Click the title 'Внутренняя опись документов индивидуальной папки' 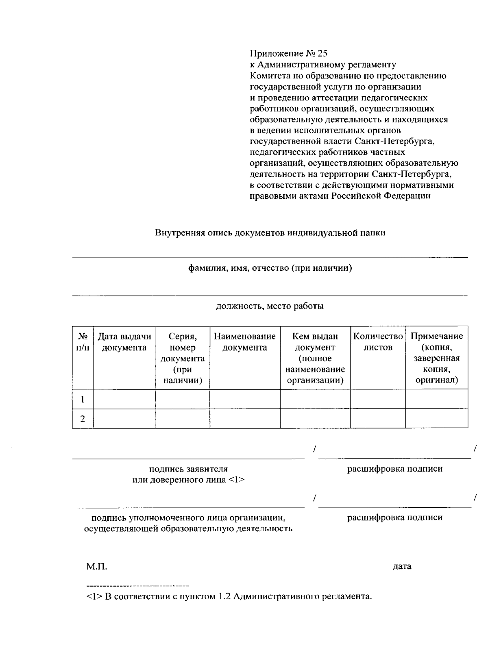270,233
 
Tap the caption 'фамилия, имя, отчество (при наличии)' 270,268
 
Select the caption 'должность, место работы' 270,306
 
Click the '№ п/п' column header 83,342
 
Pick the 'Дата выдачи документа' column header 124,342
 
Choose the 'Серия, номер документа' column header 183,358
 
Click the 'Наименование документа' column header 245,342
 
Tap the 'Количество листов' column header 378,342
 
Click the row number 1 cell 83,399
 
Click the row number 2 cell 83,419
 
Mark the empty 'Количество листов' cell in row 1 378,399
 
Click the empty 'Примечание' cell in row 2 436,419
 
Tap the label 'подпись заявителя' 188,469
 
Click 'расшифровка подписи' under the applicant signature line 394,469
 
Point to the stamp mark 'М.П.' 97,567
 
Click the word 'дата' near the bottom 402,566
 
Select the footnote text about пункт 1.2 229,597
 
